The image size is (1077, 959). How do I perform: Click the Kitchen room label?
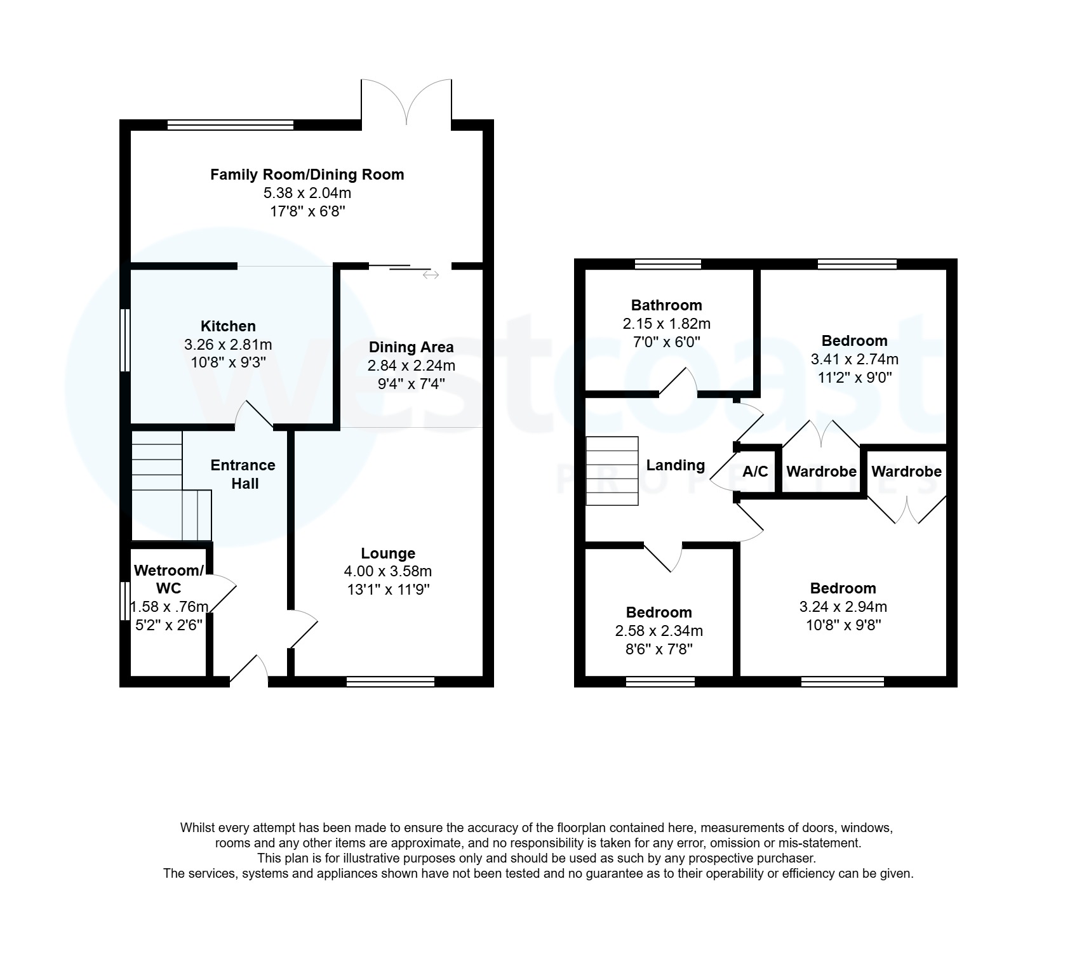(x=228, y=326)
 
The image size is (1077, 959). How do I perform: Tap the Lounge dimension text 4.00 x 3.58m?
(x=387, y=571)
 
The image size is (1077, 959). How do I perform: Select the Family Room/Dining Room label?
(x=307, y=175)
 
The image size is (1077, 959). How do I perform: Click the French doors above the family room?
(x=406, y=102)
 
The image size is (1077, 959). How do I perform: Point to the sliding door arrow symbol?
(x=431, y=275)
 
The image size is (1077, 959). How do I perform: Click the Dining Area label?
(x=411, y=347)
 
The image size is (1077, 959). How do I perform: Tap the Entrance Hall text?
(x=243, y=474)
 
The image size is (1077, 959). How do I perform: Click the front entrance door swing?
(x=251, y=670)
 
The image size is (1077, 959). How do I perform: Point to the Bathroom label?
(x=666, y=305)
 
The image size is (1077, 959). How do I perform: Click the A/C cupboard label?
(x=755, y=472)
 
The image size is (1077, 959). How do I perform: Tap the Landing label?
(x=675, y=465)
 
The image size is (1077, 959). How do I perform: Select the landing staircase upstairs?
(x=612, y=471)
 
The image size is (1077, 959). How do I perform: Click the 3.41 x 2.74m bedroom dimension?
(x=854, y=359)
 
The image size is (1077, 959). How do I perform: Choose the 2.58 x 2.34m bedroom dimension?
(x=659, y=631)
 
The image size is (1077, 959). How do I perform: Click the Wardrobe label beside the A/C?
(x=821, y=472)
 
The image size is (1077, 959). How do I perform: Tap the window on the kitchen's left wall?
(x=125, y=340)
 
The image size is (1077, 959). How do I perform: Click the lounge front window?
(x=391, y=682)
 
